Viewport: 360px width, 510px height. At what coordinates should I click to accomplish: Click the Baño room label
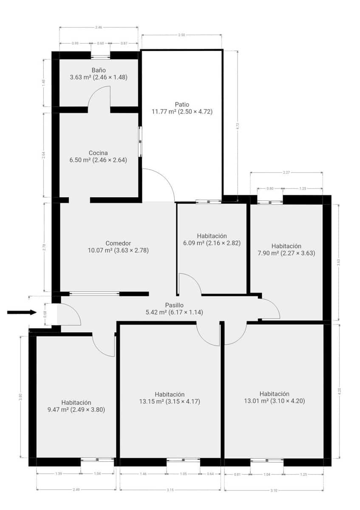[99, 70]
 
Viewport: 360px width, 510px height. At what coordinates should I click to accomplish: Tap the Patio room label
[182, 104]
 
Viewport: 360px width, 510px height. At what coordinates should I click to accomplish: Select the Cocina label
[98, 153]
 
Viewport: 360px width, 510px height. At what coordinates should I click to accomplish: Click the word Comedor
[118, 244]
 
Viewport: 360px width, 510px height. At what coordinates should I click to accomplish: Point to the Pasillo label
[174, 305]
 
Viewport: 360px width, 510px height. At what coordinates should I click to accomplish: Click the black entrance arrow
[22, 312]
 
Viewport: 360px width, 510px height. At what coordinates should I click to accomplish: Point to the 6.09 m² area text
[193, 243]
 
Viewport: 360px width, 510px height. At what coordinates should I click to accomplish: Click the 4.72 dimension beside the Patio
[238, 126]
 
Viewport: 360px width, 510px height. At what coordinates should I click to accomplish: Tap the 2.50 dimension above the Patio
[181, 35]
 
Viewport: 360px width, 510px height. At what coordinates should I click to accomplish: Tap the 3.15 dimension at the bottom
[170, 490]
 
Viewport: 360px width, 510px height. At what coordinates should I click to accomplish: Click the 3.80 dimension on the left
[20, 397]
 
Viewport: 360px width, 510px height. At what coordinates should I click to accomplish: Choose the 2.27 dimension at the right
[286, 173]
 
